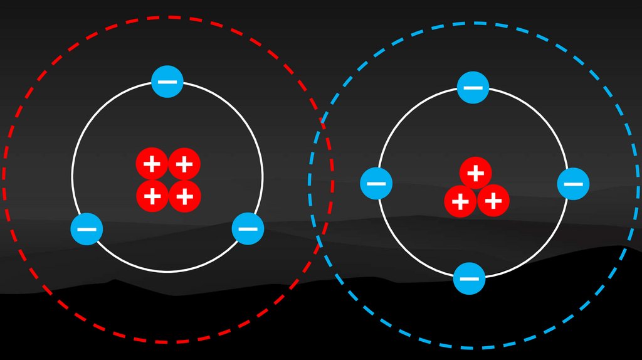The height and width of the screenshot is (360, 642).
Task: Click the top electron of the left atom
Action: [167, 82]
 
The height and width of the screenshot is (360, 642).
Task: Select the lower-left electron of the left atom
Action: [87, 229]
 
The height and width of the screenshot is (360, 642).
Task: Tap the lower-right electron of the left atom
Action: [248, 229]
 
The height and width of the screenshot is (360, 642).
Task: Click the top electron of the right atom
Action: [473, 87]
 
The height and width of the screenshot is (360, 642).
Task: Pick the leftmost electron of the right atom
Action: [376, 184]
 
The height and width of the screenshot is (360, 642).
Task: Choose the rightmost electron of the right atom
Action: [573, 184]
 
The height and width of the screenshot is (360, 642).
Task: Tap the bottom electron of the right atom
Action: [469, 278]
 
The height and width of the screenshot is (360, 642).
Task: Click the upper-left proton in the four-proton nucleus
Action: [152, 164]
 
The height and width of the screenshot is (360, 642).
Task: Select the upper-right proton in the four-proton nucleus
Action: [184, 164]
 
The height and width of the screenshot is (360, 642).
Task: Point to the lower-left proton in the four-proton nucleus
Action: [152, 196]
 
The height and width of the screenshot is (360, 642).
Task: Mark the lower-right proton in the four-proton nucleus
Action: [184, 196]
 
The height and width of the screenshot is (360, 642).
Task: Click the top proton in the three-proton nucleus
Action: [475, 172]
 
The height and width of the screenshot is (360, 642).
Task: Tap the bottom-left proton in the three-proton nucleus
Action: [460, 201]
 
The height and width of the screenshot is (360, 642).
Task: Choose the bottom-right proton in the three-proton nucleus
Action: [493, 201]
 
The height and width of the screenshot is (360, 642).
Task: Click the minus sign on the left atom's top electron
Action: [167, 82]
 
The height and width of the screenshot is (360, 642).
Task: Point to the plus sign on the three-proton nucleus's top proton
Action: [475, 172]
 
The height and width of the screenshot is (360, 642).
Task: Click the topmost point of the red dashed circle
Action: [168, 17]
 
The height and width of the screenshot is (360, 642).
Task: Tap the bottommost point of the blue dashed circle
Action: [474, 348]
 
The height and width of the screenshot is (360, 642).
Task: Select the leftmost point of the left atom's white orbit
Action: [72, 177]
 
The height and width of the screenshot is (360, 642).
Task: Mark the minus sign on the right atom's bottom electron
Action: [469, 278]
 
